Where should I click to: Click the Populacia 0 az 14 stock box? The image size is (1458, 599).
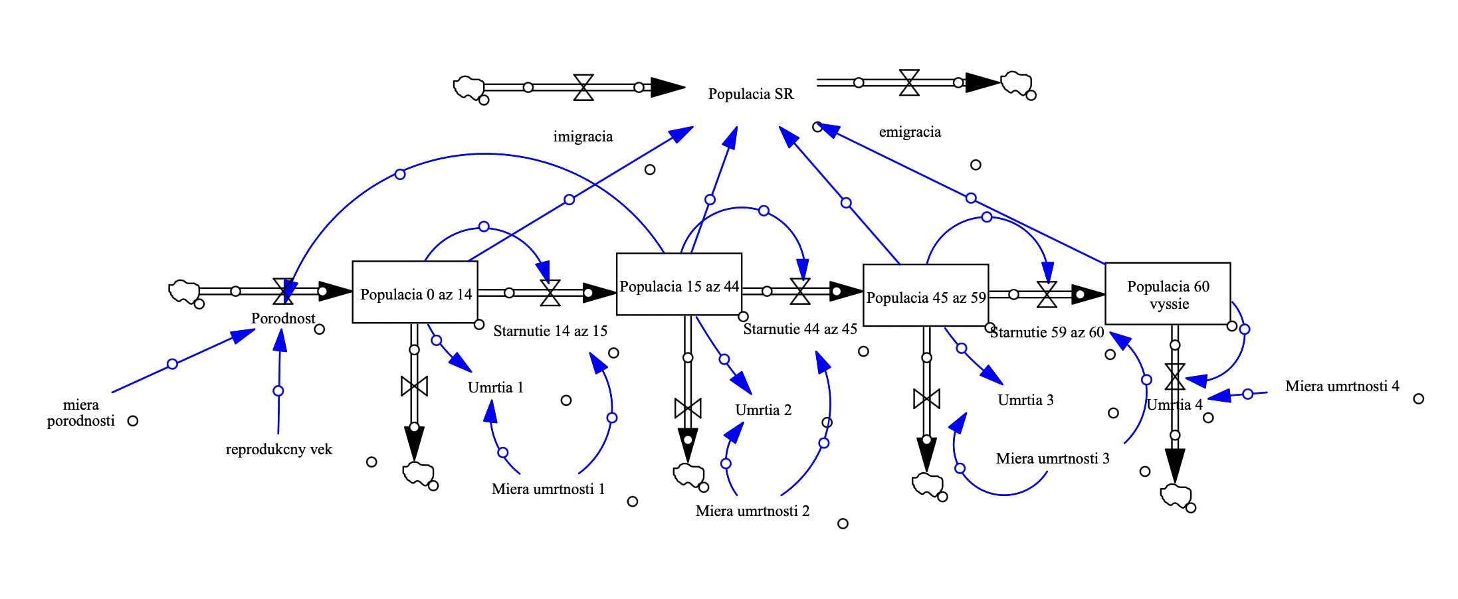(415, 292)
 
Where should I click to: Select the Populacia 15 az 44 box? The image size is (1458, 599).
(678, 284)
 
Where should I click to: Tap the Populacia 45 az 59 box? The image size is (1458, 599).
(925, 296)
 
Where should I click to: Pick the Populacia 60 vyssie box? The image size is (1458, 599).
(1167, 294)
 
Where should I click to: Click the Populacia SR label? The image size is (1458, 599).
(750, 94)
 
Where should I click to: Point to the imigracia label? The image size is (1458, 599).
(583, 137)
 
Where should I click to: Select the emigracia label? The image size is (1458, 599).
(910, 132)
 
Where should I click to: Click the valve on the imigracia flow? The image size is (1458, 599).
(583, 87)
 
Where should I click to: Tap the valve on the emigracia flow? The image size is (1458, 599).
(909, 82)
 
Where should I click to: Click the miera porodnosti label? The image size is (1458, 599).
(80, 412)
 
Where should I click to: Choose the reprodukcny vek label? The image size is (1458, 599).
(278, 450)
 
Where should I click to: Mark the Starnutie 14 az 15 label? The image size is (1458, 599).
(550, 331)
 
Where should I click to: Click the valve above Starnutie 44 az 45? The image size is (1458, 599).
(800, 291)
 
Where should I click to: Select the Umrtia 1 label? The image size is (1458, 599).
(496, 388)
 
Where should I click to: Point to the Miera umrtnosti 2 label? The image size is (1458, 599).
(752, 511)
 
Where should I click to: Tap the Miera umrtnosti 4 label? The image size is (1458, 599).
(1342, 386)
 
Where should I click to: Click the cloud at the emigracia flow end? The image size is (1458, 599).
(1016, 84)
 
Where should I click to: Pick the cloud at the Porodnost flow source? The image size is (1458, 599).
(184, 292)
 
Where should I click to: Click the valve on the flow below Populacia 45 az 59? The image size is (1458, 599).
(926, 398)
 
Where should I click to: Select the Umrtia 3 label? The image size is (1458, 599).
(1025, 400)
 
